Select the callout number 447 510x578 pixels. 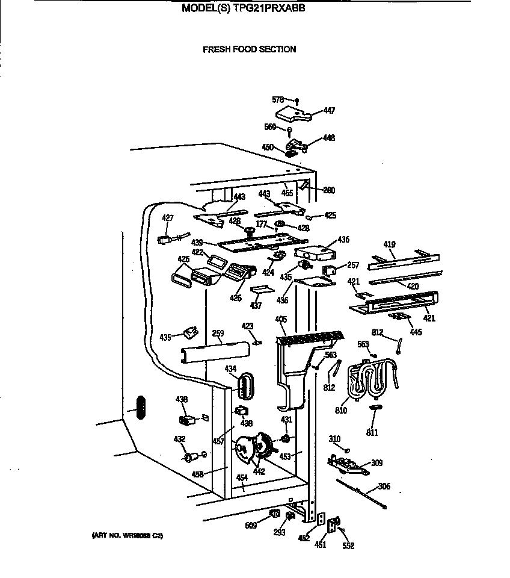pyautogui.click(x=329, y=110)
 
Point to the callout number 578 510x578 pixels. pyautogui.click(x=277, y=99)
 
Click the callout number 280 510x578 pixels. pyautogui.click(x=329, y=190)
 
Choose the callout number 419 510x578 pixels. pyautogui.click(x=389, y=244)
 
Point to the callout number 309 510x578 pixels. pyautogui.click(x=377, y=463)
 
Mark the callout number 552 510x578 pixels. pyautogui.click(x=348, y=546)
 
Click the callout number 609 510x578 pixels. pyautogui.click(x=251, y=526)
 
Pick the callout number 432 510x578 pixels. pyautogui.click(x=180, y=439)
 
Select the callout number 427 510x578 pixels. pyautogui.click(x=167, y=218)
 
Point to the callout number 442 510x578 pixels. pyautogui.click(x=259, y=472)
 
